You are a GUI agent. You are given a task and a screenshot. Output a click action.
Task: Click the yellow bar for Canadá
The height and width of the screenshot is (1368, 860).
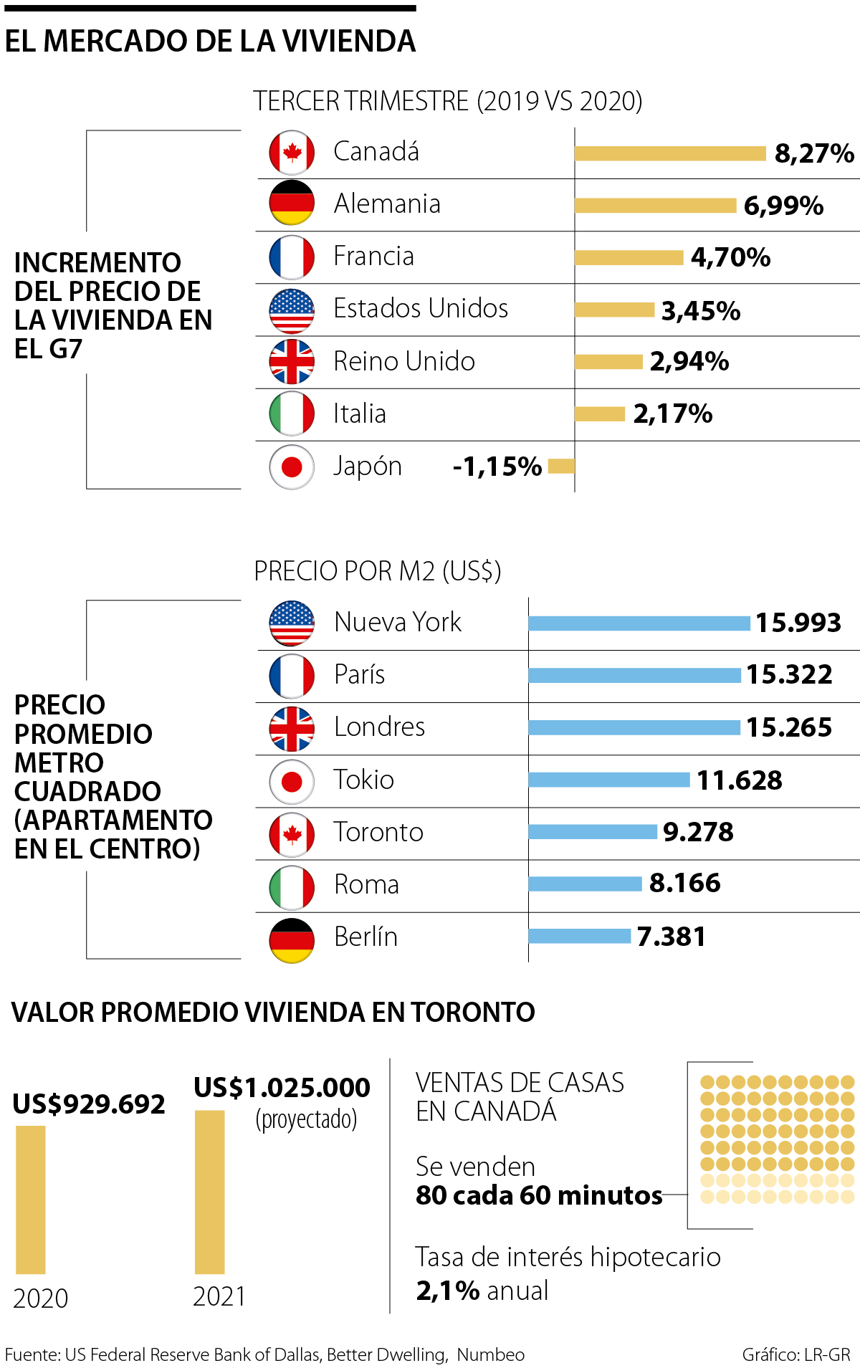coord(670,153)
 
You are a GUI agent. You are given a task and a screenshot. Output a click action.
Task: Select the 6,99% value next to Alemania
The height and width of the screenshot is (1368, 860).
coord(783,206)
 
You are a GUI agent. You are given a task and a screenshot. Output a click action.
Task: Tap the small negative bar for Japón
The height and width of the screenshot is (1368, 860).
coord(561,467)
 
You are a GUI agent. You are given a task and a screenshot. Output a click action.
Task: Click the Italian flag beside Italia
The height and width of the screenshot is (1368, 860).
coord(292,413)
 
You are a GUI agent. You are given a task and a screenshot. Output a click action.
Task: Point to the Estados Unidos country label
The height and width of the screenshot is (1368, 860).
coord(421,309)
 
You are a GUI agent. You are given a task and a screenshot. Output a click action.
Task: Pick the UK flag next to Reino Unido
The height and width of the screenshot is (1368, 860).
coord(292,362)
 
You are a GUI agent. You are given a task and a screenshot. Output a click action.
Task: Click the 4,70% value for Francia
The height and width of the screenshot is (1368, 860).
coord(730,257)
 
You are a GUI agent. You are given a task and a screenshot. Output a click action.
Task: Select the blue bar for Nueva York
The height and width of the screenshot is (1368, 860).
coord(639,623)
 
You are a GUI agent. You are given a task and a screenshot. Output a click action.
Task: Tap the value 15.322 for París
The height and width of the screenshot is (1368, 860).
coord(789,674)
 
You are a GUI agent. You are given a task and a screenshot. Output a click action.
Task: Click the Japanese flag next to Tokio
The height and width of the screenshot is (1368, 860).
coord(292,781)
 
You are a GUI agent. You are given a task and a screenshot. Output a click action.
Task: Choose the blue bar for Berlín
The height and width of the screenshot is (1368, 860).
coord(579,936)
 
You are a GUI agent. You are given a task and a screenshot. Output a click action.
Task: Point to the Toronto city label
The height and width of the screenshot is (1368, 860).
coord(378,832)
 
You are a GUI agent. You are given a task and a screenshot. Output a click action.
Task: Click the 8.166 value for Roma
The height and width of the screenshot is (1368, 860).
coord(684,884)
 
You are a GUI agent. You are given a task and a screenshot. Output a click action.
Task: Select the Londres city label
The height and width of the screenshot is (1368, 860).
coord(379,727)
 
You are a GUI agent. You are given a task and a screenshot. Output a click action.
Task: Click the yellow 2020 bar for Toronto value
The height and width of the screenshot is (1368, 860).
coord(31,1200)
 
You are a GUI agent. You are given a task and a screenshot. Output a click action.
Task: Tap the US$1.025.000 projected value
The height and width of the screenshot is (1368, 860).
coord(282,1088)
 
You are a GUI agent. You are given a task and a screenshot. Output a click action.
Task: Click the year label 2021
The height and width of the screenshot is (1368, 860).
coord(219,1296)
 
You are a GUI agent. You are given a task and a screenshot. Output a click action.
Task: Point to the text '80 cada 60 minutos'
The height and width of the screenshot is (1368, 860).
coord(539,1195)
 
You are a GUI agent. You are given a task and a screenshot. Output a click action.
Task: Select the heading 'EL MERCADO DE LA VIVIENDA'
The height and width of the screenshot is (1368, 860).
coord(210,42)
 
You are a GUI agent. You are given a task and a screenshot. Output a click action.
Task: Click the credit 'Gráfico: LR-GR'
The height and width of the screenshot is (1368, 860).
coord(795,1354)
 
